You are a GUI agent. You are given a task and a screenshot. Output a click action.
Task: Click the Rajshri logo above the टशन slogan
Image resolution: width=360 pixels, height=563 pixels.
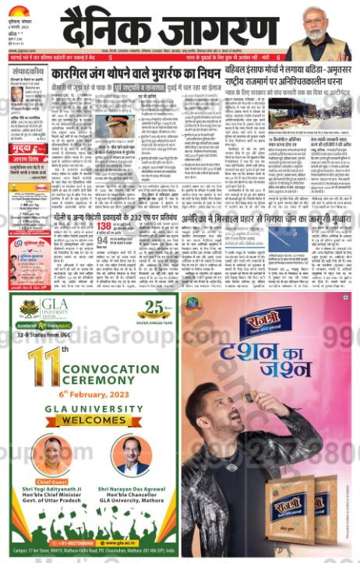click(x=267, y=321)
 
